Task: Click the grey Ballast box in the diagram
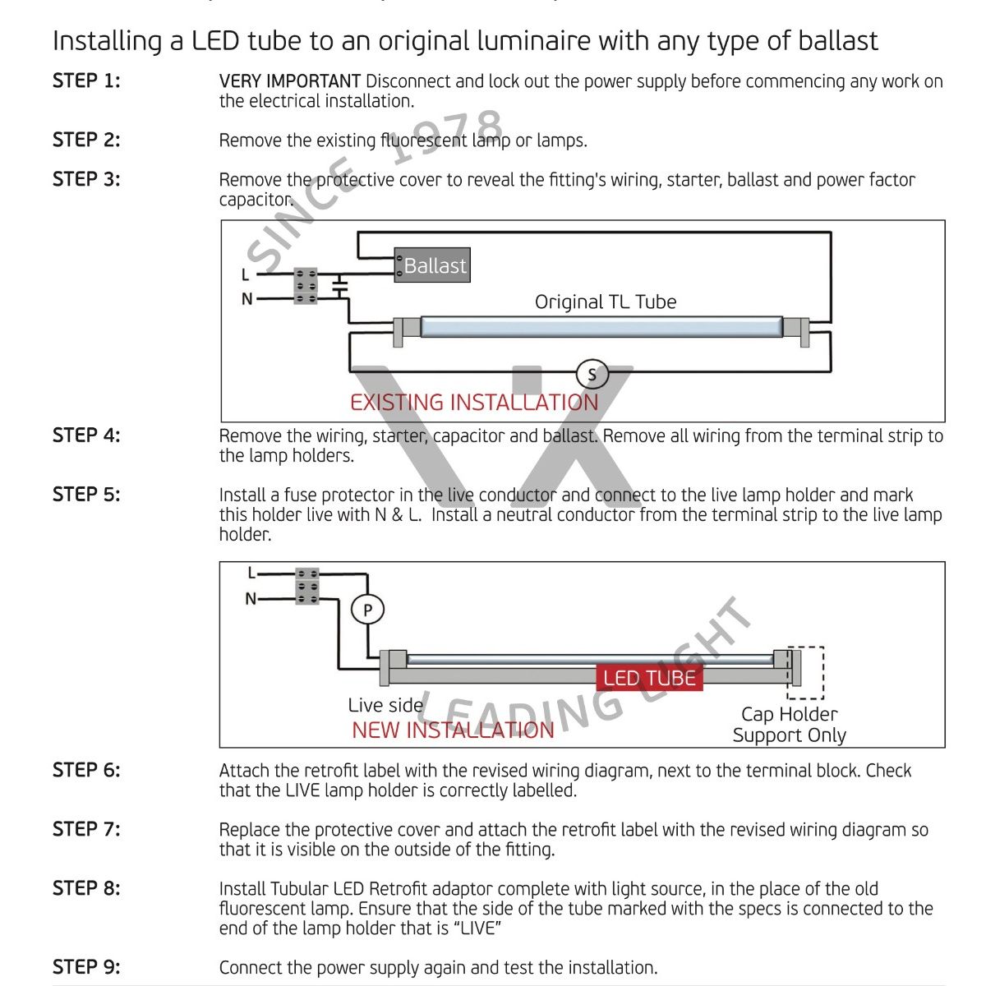pos(433,265)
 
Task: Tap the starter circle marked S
pos(592,375)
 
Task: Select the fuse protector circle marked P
pos(367,610)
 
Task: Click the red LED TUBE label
pos(649,678)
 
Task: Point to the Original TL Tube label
pos(606,302)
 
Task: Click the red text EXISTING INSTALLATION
pos(474,403)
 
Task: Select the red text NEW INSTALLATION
pos(453,730)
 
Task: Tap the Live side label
pos(385,705)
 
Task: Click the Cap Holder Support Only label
pos(789,725)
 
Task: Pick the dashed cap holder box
pos(806,672)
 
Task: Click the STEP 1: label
pos(86,81)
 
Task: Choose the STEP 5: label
pos(86,495)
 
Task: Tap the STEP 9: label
pos(86,967)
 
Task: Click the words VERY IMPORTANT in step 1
pos(289,81)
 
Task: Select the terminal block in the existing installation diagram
pos(306,286)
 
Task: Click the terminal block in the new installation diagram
pos(306,587)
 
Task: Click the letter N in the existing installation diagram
pos(246,299)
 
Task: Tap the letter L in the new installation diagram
pos(252,574)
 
